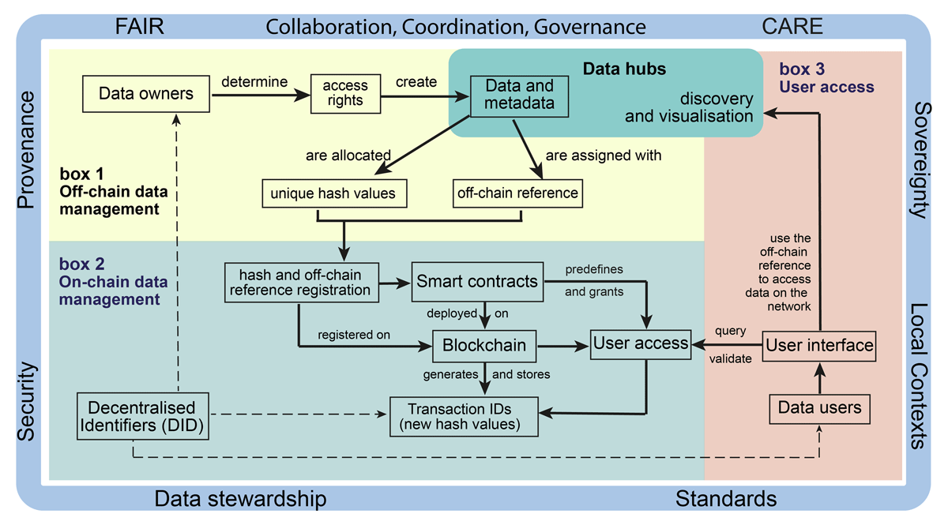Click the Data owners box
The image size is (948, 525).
pyautogui.click(x=146, y=94)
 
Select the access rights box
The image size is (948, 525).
pyautogui.click(x=345, y=93)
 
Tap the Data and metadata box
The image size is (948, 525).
pyautogui.click(x=519, y=96)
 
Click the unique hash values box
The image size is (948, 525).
pyautogui.click(x=334, y=193)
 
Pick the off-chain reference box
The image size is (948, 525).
pyautogui.click(x=517, y=193)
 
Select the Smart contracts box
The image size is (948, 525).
pyautogui.click(x=477, y=282)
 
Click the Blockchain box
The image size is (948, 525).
pyautogui.click(x=484, y=346)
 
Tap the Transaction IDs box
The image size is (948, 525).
pyautogui.click(x=464, y=417)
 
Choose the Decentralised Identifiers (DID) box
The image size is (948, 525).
pyautogui.click(x=143, y=416)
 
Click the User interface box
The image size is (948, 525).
pyautogui.click(x=819, y=346)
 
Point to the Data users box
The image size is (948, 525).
pyautogui.click(x=819, y=409)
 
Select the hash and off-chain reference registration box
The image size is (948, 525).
pyautogui.click(x=301, y=283)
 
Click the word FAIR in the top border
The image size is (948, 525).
pyautogui.click(x=139, y=26)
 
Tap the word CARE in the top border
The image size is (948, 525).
pyautogui.click(x=792, y=26)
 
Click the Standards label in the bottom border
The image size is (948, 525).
pyautogui.click(x=726, y=499)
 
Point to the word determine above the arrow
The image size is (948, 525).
pyautogui.click(x=254, y=81)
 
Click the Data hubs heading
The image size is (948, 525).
pyautogui.click(x=624, y=69)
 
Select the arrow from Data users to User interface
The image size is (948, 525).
pyautogui.click(x=820, y=379)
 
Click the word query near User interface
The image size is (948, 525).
pyautogui.click(x=731, y=332)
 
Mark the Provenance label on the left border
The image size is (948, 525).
pyautogui.click(x=26, y=150)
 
